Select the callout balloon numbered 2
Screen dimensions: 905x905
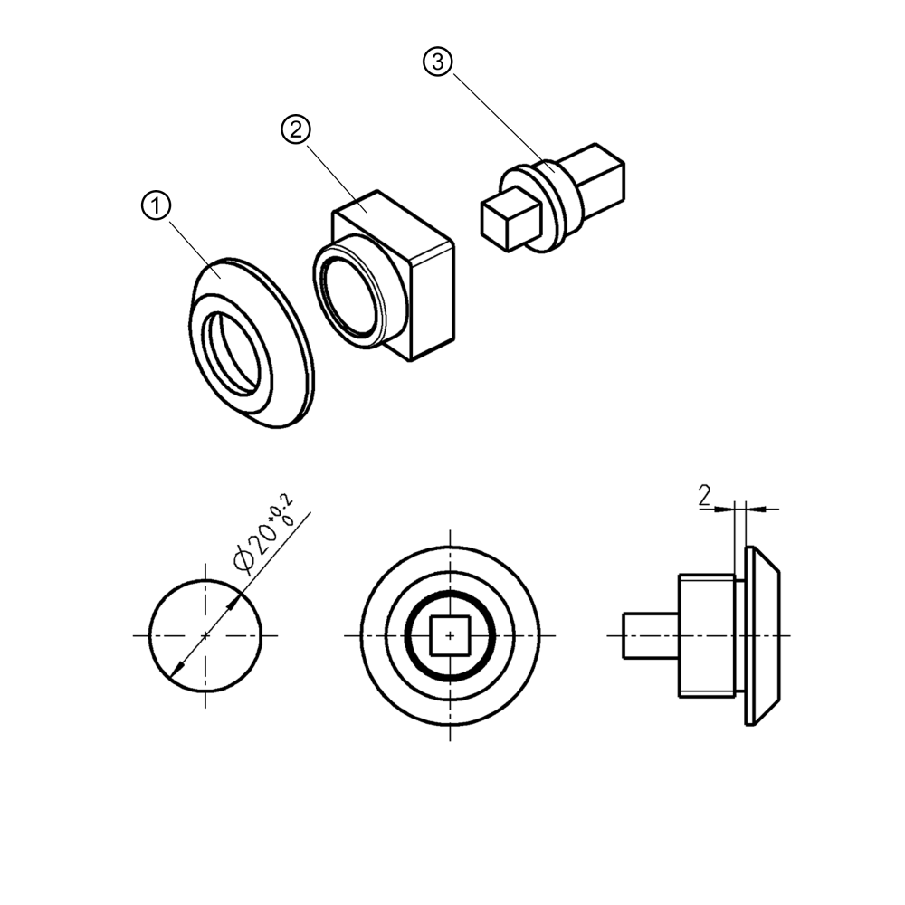pyautogui.click(x=295, y=130)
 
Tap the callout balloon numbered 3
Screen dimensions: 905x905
pyautogui.click(x=436, y=62)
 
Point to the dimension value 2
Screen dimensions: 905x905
pyautogui.click(x=703, y=495)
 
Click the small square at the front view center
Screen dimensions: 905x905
pyautogui.click(x=450, y=635)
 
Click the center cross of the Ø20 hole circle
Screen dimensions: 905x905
pyautogui.click(x=205, y=635)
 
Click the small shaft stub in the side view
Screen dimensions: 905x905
pyautogui.click(x=650, y=635)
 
